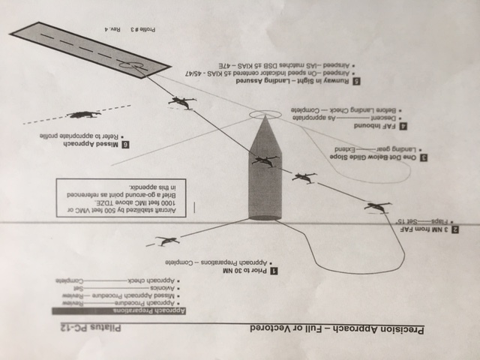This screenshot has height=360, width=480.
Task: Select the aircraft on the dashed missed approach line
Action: click(x=82, y=115)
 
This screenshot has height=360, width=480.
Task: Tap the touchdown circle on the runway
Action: click(x=133, y=67)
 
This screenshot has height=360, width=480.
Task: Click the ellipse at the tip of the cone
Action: click(x=264, y=115)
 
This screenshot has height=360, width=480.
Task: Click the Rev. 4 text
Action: click(x=109, y=29)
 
